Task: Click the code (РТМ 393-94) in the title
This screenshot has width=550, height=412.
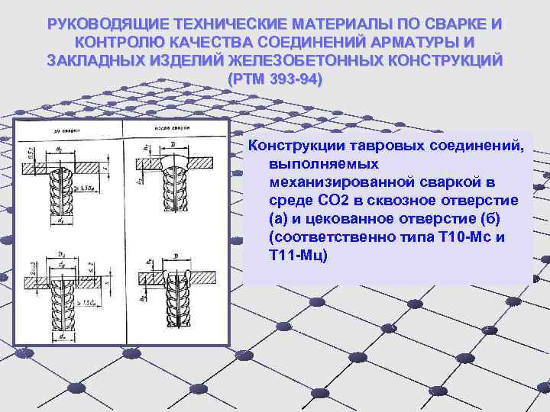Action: click(275, 79)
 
